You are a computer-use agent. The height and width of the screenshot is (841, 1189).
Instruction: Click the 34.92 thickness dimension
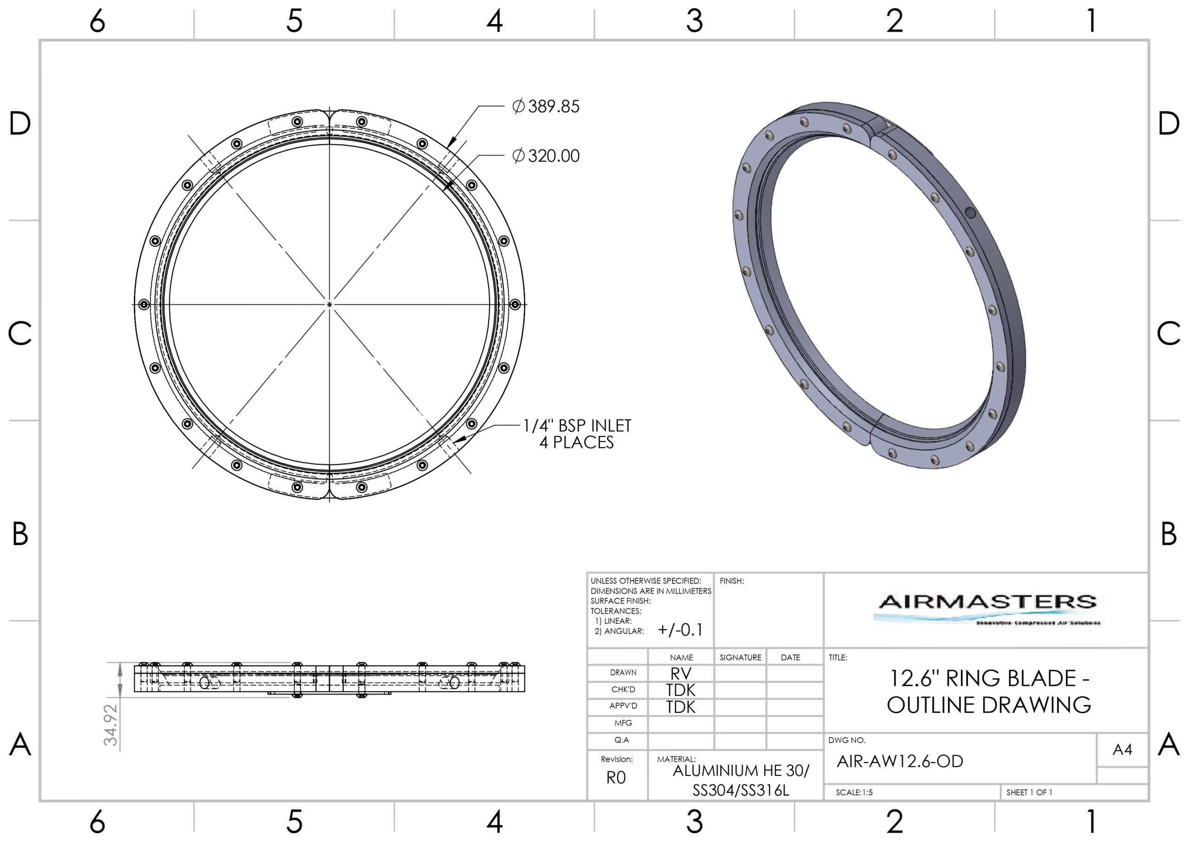coord(111,724)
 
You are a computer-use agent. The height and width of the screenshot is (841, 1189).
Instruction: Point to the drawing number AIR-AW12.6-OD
coord(900,761)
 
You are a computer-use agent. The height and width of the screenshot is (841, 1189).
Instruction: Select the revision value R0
coord(616,778)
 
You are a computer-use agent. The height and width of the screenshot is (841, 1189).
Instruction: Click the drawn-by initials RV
coord(680,673)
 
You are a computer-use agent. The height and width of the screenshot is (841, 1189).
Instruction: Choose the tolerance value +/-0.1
coord(680,630)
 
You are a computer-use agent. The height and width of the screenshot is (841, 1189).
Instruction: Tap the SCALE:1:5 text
coord(854,792)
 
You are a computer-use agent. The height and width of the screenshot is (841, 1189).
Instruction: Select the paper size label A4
coord(1122,750)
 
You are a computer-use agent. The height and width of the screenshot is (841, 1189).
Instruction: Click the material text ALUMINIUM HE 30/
coord(740,771)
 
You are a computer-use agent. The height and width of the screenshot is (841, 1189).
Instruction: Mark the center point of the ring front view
coord(329,305)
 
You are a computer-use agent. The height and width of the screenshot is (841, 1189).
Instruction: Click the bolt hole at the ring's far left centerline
coord(144,304)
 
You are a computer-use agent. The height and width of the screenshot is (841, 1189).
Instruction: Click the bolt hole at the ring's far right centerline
coord(515,304)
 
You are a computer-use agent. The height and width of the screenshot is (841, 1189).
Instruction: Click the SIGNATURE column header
coord(740,657)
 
